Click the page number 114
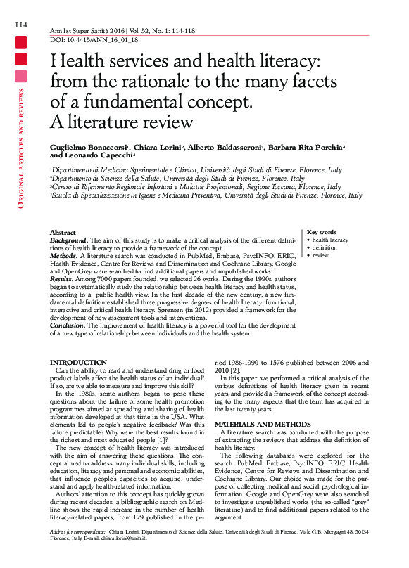point(20,25)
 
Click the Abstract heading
point(63,232)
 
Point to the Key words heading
point(322,232)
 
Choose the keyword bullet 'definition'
point(325,247)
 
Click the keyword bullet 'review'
point(320,255)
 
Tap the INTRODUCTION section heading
point(78,362)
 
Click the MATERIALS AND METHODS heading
point(260,425)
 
